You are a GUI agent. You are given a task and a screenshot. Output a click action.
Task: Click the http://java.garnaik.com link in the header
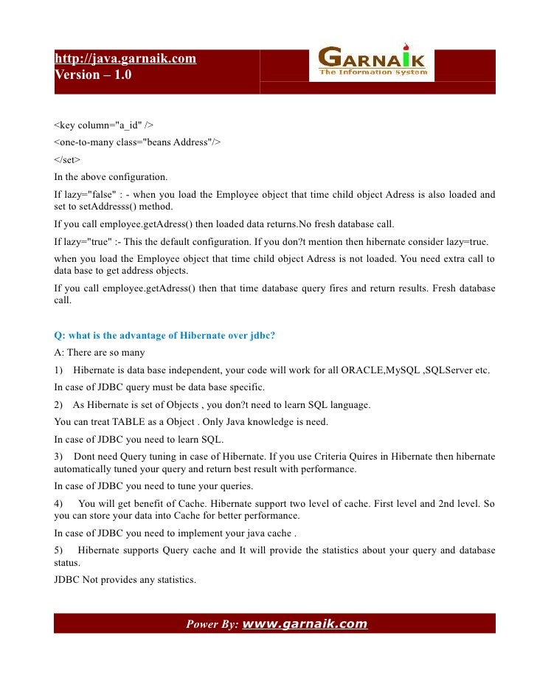pyautogui.click(x=125, y=58)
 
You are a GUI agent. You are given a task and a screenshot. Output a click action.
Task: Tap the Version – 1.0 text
pyautogui.click(x=94, y=75)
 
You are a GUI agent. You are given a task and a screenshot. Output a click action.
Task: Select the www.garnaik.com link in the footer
pyautogui.click(x=305, y=624)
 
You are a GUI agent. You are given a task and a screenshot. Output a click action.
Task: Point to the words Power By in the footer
pyautogui.click(x=212, y=624)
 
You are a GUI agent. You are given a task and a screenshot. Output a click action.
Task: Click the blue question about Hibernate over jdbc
pyautogui.click(x=164, y=336)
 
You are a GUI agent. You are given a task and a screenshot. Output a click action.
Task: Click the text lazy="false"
pyautogui.click(x=86, y=195)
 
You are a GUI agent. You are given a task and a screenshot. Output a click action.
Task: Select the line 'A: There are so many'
pyautogui.click(x=100, y=353)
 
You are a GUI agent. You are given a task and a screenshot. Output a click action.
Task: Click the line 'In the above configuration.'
pyautogui.click(x=111, y=177)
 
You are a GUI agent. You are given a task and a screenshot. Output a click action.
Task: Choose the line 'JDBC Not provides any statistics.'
pyautogui.click(x=125, y=580)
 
